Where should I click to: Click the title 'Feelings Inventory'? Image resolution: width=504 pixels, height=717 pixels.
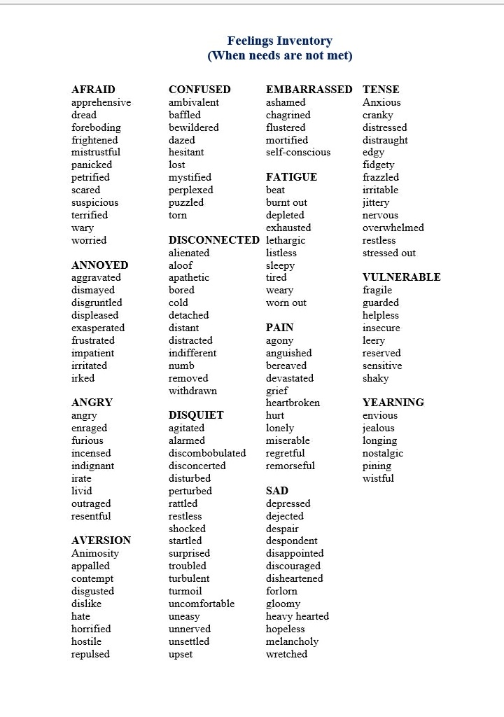279,41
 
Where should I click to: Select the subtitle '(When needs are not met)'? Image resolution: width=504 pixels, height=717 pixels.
279,55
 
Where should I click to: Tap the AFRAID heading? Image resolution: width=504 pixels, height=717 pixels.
93,90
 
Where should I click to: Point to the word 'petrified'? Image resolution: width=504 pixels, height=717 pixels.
90,177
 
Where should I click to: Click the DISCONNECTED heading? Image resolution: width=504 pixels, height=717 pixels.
213,240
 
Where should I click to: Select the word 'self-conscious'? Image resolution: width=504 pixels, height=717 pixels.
297,152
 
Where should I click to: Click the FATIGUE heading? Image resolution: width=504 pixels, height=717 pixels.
291,177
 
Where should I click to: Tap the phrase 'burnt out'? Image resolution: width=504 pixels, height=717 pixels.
286,202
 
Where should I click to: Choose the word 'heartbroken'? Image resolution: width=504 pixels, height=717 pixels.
293,403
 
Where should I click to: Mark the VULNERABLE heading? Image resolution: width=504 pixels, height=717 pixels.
401,277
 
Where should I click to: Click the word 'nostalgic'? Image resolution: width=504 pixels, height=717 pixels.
382,453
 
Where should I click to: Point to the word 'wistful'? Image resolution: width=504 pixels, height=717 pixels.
378,478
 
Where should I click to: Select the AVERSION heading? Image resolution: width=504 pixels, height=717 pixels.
101,541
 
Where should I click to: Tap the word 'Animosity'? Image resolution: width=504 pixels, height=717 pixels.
95,553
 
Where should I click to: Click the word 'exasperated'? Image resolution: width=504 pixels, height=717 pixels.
98,328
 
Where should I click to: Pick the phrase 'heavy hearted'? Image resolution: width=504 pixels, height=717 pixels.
297,616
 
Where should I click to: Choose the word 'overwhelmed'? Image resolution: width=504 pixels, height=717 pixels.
393,228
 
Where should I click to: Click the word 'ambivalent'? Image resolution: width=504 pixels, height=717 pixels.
193,102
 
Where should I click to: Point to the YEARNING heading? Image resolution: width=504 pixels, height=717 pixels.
393,403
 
